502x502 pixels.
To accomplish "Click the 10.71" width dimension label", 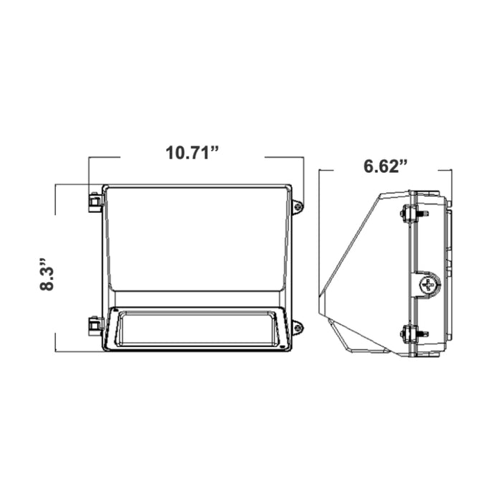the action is [192, 153].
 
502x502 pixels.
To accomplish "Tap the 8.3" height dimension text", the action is [47, 274].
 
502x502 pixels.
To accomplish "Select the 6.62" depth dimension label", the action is [386, 166].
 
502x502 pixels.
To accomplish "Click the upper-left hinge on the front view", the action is [95, 202].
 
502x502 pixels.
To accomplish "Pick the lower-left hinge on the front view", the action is [95, 326].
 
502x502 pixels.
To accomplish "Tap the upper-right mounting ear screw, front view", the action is [298, 207].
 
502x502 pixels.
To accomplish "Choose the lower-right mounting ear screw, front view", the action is [298, 328].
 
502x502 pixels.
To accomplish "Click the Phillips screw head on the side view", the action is [428, 284].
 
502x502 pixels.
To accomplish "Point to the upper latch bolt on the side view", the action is [414, 213].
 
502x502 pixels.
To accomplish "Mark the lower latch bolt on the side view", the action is [414, 333].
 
